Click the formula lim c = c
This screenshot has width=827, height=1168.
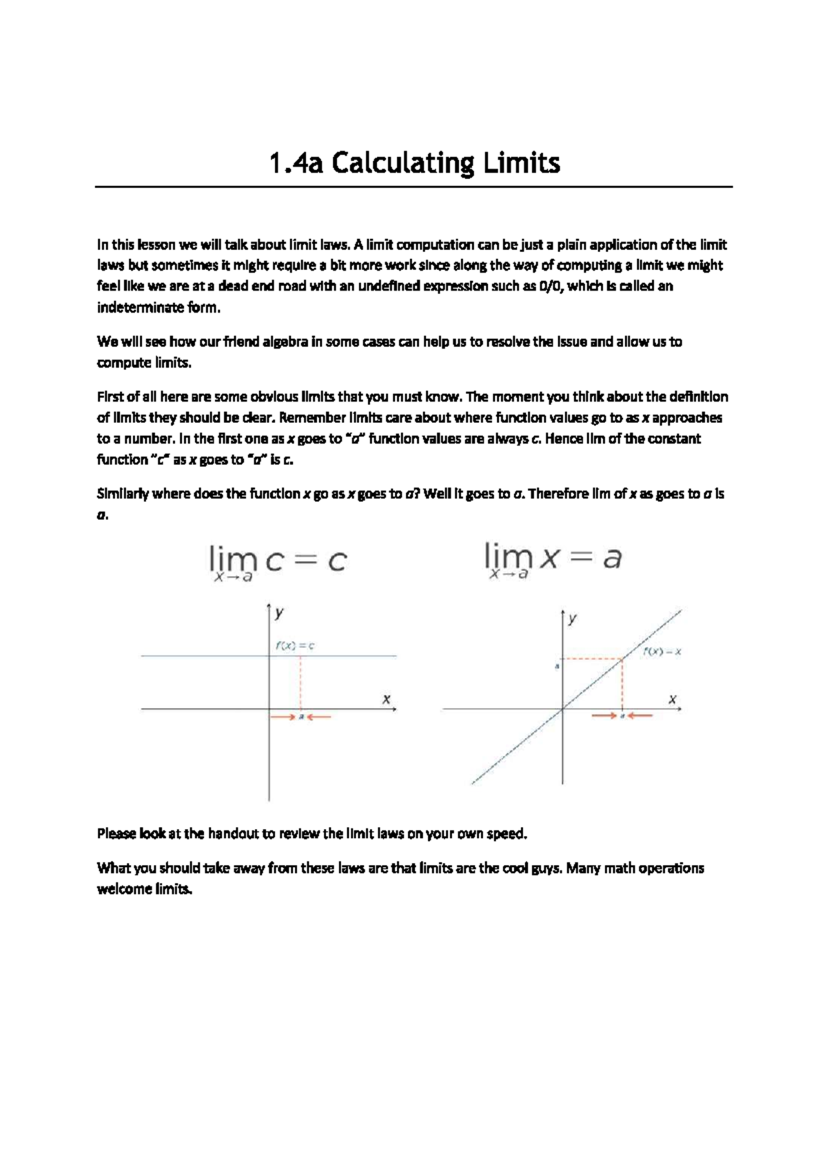tap(278, 562)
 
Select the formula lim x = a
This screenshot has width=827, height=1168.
tap(553, 559)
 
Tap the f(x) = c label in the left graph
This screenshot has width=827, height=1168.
tap(295, 645)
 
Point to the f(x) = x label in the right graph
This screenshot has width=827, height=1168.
tap(662, 651)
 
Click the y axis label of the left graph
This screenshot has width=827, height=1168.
tap(279, 612)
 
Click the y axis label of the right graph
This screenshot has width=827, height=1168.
tap(572, 618)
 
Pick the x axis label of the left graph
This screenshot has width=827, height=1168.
tap(387, 698)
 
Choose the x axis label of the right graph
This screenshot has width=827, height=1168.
tap(673, 699)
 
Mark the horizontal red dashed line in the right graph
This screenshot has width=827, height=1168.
tap(593, 659)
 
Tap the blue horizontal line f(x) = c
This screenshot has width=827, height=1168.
tap(207, 656)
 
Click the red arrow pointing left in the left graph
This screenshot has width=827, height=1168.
tap(320, 717)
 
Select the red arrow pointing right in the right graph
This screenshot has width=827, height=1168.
tap(604, 716)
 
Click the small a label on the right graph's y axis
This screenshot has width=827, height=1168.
tap(557, 667)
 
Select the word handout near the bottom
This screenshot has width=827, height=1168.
tap(232, 833)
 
